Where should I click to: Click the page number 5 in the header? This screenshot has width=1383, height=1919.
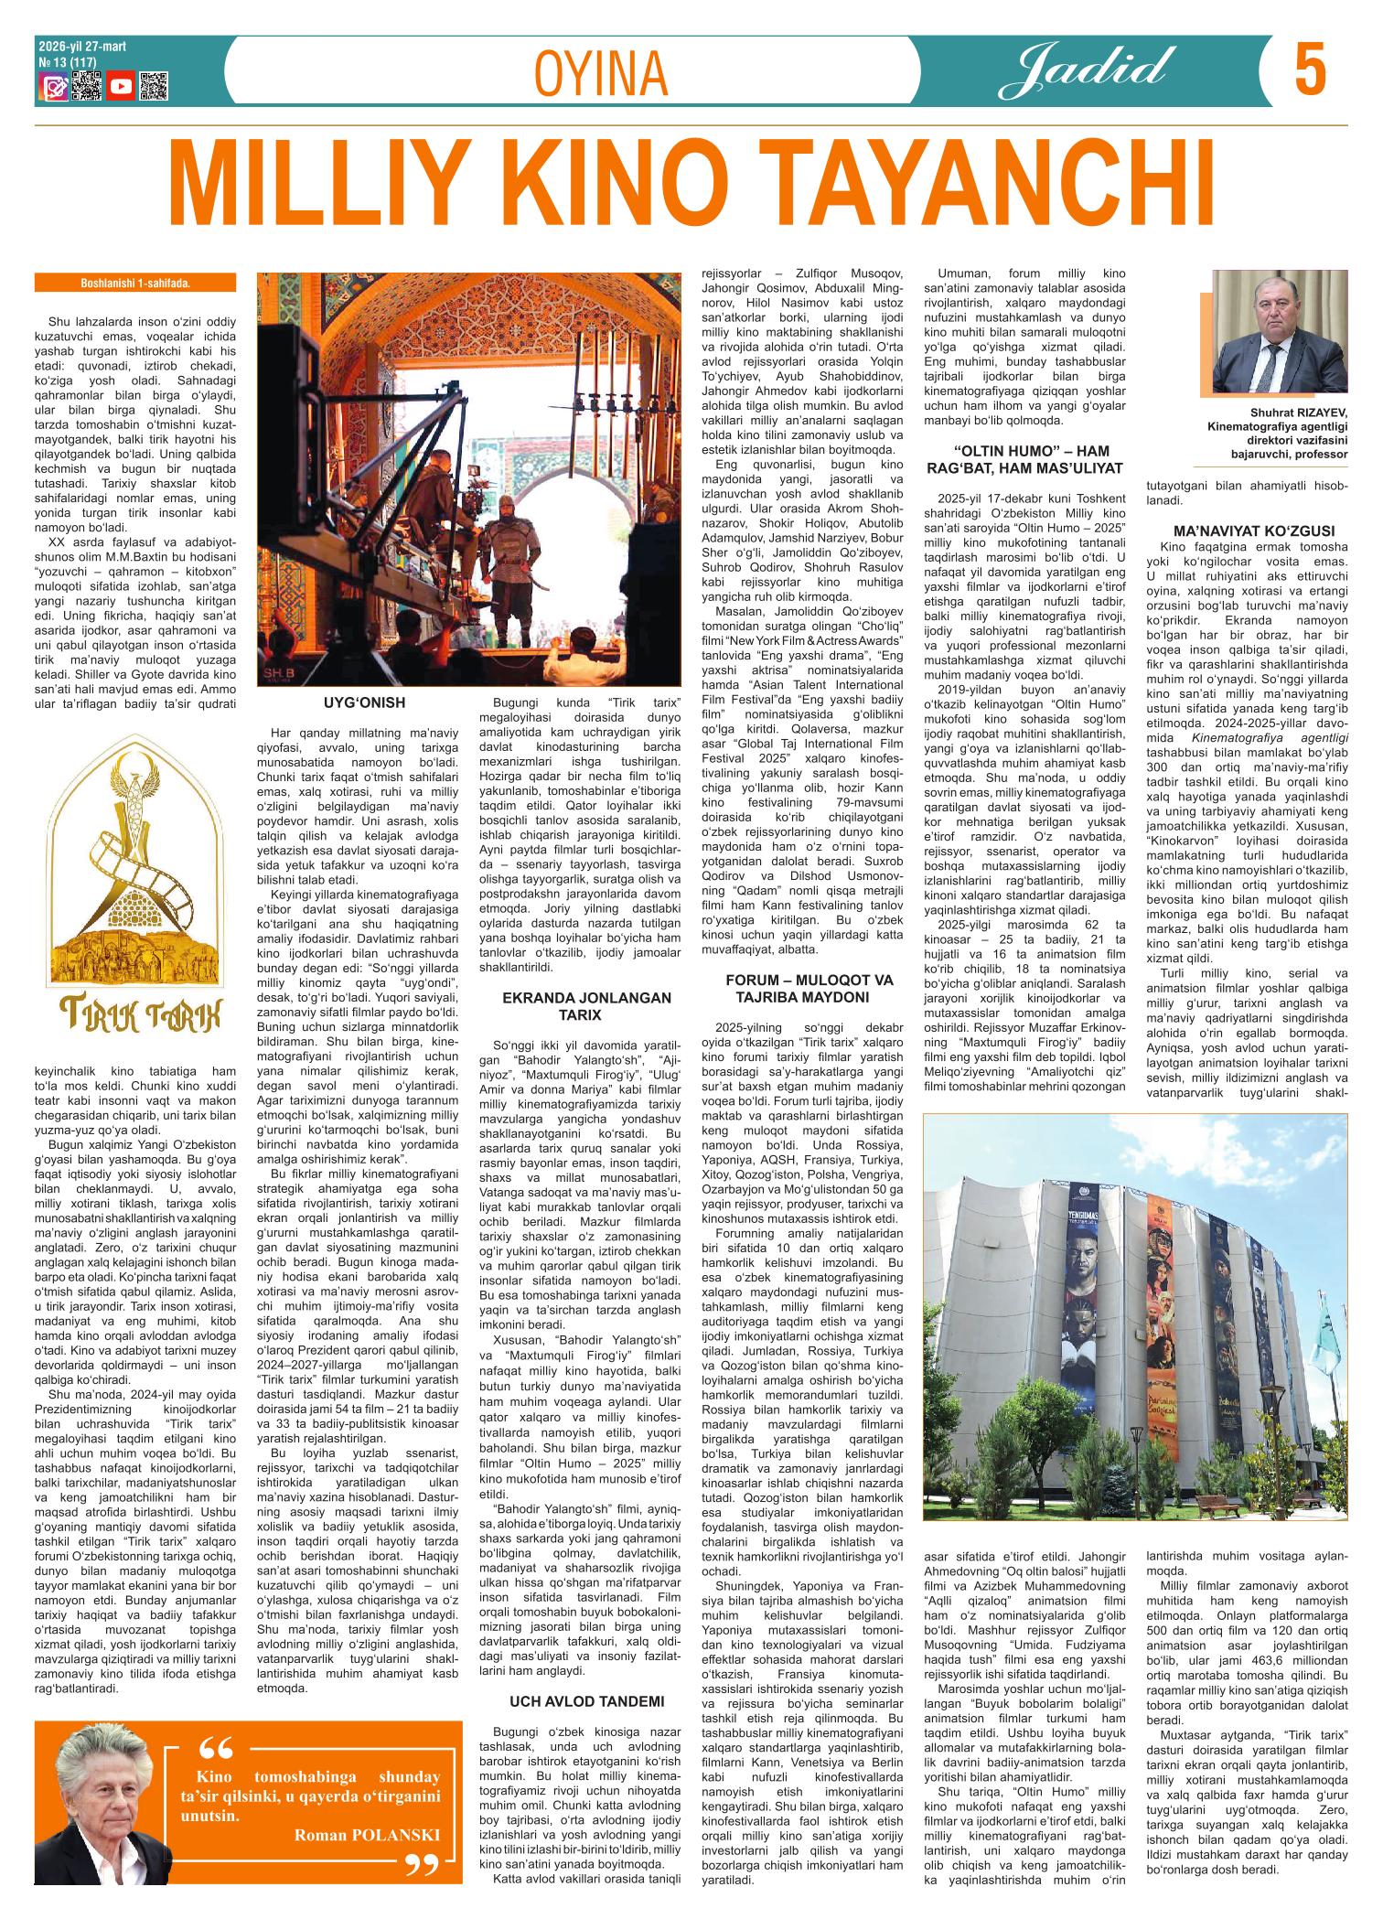click(1310, 72)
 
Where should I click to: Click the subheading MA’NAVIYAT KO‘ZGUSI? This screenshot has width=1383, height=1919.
click(1247, 531)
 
